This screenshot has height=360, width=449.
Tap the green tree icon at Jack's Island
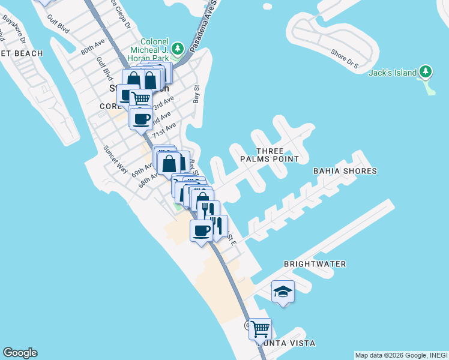click(426, 72)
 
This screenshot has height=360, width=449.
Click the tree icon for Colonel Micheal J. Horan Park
click(177, 48)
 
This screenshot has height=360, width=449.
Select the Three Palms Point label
click(269, 155)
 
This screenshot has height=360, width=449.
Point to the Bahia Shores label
click(345, 171)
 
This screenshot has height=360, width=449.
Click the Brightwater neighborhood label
click(315, 264)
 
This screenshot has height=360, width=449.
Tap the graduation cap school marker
click(283, 292)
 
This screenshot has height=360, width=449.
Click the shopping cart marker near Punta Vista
click(260, 328)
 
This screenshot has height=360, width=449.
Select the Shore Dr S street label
click(345, 56)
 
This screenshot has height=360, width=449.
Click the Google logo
click(20, 353)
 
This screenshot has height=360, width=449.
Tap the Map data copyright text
click(401, 355)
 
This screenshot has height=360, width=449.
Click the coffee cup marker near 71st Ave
click(141, 119)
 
